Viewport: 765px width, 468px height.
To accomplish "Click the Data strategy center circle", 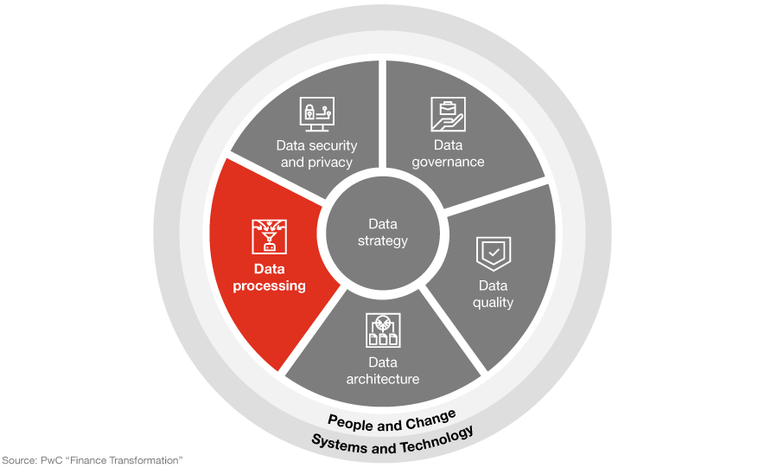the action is [382, 233].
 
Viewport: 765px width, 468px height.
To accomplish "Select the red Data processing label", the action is [270, 277].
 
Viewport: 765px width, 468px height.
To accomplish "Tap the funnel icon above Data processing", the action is [270, 237].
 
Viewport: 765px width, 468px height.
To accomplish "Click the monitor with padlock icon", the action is [317, 114].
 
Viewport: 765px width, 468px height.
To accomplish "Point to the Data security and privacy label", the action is [316, 154].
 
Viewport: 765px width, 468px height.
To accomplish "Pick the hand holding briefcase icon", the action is [448, 114].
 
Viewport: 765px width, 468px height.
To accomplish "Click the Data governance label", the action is [448, 153].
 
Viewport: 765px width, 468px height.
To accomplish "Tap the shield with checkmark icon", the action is [494, 253].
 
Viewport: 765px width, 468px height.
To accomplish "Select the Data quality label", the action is [494, 294].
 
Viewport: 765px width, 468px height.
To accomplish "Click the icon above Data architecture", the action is [383, 330].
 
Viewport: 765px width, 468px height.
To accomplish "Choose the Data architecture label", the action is [383, 370].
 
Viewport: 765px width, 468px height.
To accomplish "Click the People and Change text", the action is [392, 422].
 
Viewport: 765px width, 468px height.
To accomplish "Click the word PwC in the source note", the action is [52, 460].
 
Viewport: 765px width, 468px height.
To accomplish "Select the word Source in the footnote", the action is [18, 460].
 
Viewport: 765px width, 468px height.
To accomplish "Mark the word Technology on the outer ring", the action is [437, 439].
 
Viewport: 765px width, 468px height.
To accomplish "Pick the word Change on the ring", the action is [431, 420].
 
